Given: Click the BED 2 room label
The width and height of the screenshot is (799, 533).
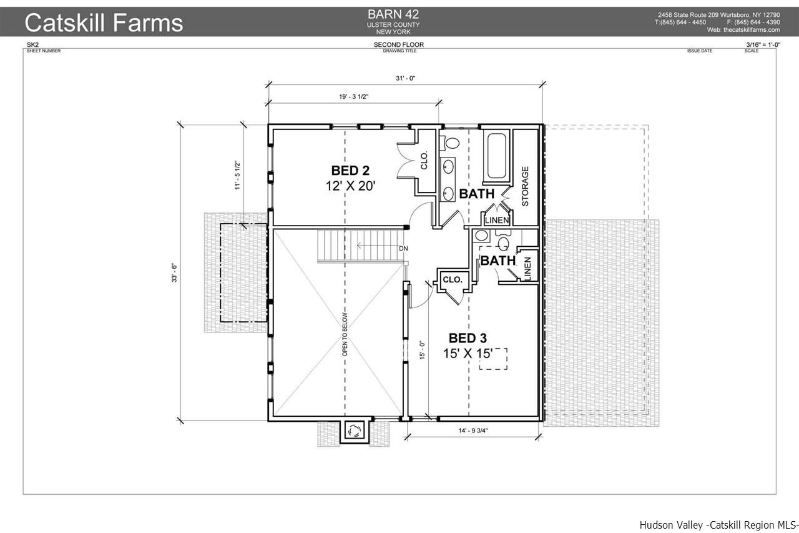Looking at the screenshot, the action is click(350, 171).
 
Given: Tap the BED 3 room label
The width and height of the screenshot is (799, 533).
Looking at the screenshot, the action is click(468, 338).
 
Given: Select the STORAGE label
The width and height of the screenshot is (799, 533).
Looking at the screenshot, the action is click(525, 186).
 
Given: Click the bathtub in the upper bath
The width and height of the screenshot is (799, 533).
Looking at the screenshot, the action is click(496, 156).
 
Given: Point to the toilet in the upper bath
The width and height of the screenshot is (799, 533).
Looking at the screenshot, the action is click(449, 144).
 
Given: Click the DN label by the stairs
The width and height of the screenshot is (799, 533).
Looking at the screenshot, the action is click(403, 249).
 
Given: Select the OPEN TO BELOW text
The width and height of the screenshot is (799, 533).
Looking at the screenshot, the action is click(345, 334).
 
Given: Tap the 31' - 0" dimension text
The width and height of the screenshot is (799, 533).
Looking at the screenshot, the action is click(406, 78).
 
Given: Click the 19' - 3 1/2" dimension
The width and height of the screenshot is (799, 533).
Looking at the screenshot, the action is click(353, 97).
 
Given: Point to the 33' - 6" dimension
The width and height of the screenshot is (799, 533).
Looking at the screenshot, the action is click(174, 273).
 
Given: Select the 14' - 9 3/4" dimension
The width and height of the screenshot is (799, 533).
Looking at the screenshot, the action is click(473, 431).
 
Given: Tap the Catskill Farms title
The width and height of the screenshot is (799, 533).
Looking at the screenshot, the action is click(104, 22).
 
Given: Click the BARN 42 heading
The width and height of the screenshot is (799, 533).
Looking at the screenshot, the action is click(393, 14).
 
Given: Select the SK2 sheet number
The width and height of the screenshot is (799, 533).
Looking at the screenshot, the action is click(32, 44).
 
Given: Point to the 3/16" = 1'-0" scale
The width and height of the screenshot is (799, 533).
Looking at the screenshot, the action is click(763, 44).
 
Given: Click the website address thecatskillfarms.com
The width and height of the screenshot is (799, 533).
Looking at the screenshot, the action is click(752, 30).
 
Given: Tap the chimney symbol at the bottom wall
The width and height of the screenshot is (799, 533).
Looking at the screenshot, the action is click(354, 431).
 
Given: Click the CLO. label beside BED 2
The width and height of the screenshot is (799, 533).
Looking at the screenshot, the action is click(424, 161).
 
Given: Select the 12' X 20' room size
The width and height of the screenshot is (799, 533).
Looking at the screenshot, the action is click(350, 186).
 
